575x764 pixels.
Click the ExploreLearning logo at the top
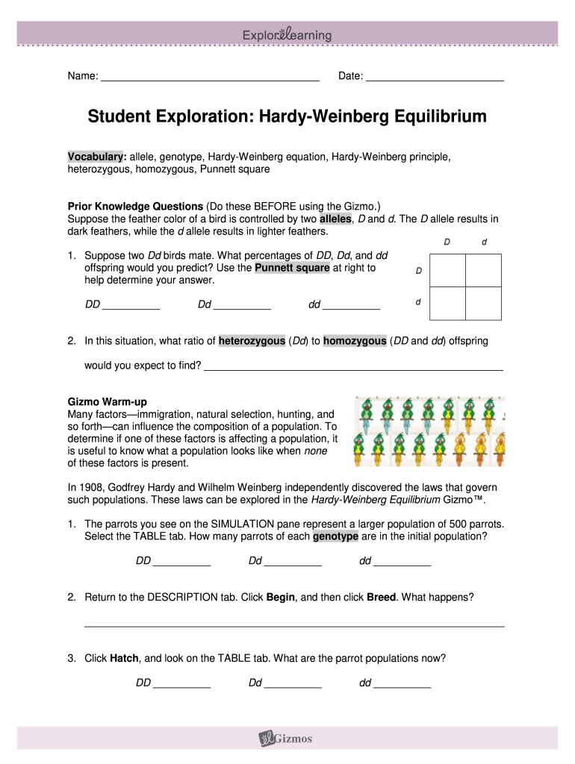coord(287,35)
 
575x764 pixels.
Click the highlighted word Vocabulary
coord(94,157)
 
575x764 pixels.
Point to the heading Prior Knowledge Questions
coord(135,205)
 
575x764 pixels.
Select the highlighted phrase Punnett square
coord(293,268)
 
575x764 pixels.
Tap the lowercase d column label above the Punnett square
coord(485,242)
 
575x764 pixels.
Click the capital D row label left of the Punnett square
coord(418,271)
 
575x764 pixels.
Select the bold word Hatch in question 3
coord(125,658)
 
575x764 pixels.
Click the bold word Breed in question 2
coord(381,598)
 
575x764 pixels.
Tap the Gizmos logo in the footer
coord(287,739)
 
